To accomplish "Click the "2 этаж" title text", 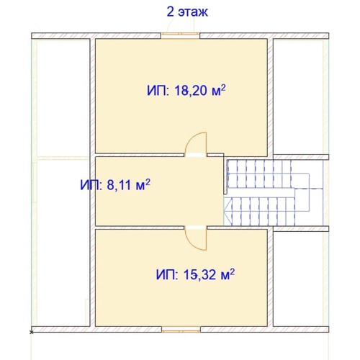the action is point(187,12).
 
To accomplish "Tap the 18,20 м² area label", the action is point(186,91).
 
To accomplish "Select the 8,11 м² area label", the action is point(115,185).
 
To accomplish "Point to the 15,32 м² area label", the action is point(195,274).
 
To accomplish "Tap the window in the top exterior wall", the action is point(180,36).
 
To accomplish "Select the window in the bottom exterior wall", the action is point(181,330).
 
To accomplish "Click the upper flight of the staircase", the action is point(261,174).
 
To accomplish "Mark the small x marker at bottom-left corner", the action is point(31,332).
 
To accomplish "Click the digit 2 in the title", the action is point(170,12).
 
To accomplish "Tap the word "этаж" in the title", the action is point(193,13).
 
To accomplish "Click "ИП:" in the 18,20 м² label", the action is point(158,91).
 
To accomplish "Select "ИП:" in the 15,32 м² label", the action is point(167,275).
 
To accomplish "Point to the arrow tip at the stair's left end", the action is point(224,212).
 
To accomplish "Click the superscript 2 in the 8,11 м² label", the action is point(148,181).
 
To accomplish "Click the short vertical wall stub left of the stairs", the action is point(225,175).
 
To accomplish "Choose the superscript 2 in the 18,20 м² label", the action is point(223,87).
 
